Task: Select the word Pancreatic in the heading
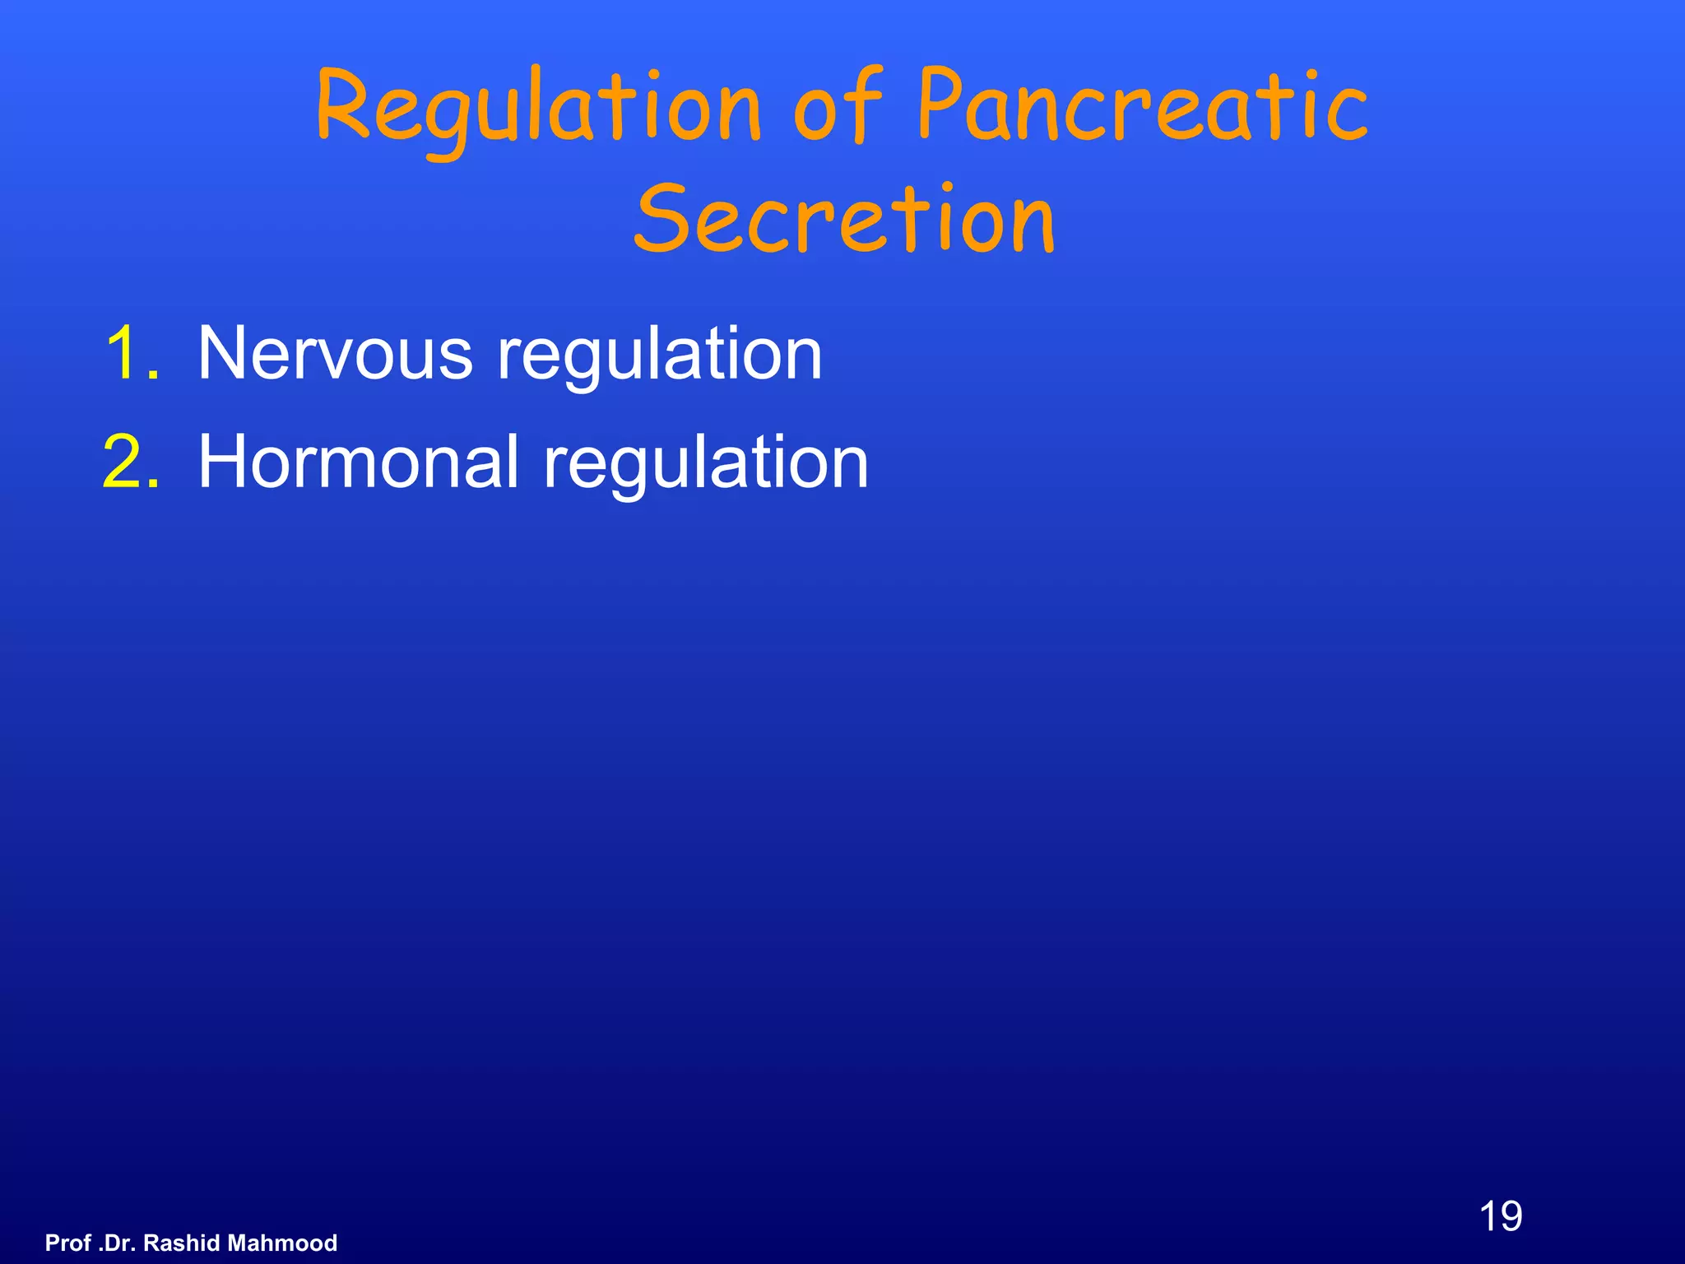1142,107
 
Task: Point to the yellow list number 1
132,353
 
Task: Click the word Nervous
335,353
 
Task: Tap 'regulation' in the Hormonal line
705,464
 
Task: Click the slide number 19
1500,1216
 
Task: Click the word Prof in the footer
68,1243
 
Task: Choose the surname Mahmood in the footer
282,1243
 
